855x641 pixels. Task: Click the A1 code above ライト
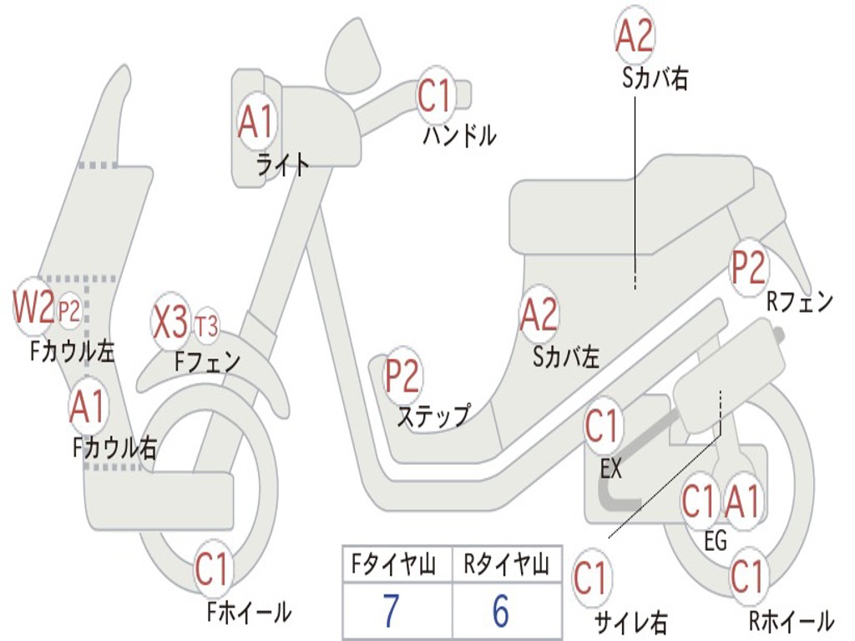point(255,123)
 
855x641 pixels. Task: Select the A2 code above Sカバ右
point(634,36)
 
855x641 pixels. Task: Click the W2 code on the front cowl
point(33,309)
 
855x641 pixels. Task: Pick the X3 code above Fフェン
point(171,322)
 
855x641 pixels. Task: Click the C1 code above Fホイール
point(212,571)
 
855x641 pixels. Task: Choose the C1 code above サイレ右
point(591,578)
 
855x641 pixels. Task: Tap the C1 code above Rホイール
point(747,577)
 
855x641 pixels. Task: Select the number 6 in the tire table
point(500,612)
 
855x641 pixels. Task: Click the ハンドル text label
point(459,135)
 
